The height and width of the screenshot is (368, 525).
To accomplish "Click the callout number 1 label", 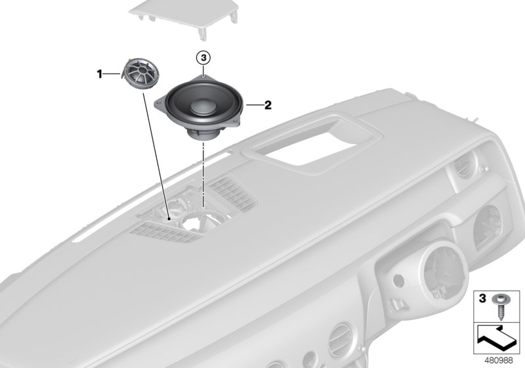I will click(100, 75).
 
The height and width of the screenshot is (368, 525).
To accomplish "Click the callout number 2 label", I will click(267, 104).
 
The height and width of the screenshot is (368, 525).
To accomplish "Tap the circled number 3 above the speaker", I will click(203, 58).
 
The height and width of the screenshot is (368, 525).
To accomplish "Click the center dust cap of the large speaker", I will click(201, 106).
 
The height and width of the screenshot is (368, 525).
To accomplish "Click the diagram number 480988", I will click(500, 359).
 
